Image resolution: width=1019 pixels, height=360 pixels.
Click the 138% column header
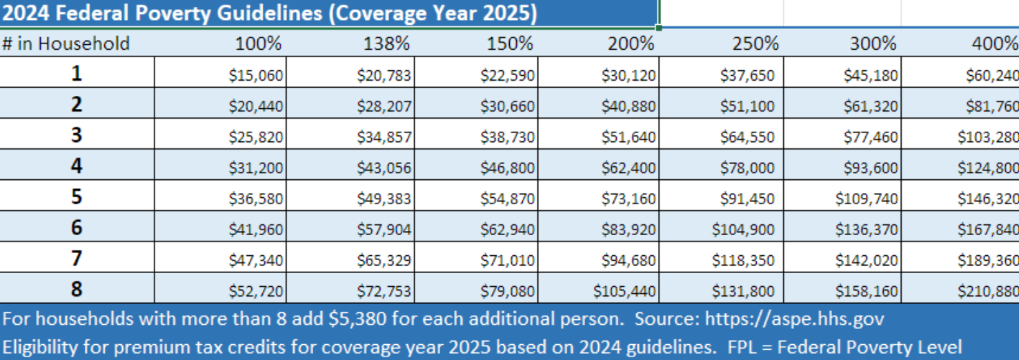pos(386,43)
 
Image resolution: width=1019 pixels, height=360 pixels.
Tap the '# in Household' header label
pos(66,43)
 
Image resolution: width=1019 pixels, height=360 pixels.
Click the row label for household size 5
pos(77,197)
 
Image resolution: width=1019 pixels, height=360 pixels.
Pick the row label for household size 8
pos(77,289)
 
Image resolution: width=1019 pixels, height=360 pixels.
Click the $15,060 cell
pos(256,75)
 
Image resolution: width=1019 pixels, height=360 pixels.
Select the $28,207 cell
pos(384,106)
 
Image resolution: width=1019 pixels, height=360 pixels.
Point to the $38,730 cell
pos(508,137)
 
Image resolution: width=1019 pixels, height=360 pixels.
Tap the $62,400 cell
pos(629,168)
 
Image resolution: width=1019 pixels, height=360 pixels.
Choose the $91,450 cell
pos(747,199)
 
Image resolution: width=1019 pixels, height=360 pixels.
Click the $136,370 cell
pos(867,230)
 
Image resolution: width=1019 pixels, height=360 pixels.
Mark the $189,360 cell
pos(988,261)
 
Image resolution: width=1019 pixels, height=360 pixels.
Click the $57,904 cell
pos(384,230)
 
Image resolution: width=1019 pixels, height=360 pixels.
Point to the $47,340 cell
pos(256,261)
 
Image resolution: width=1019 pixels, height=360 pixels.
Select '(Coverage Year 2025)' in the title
pos(432,13)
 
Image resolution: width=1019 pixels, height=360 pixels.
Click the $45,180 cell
pos(871,75)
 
